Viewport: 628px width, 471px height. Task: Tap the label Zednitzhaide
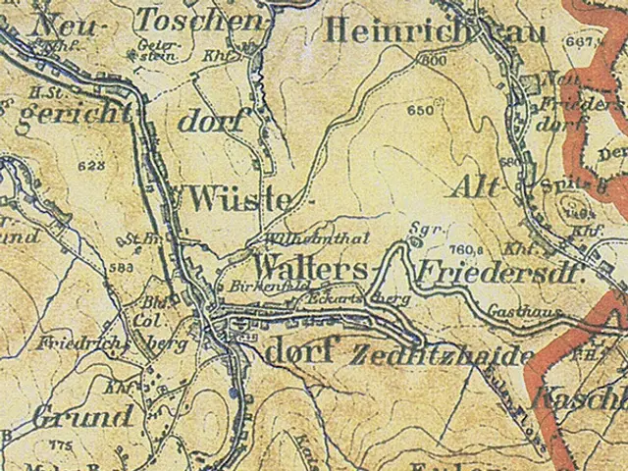coord(442,355)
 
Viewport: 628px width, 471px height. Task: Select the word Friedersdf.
coord(500,273)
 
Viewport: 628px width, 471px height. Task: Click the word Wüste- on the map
coord(240,199)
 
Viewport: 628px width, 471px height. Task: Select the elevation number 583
coord(122,266)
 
